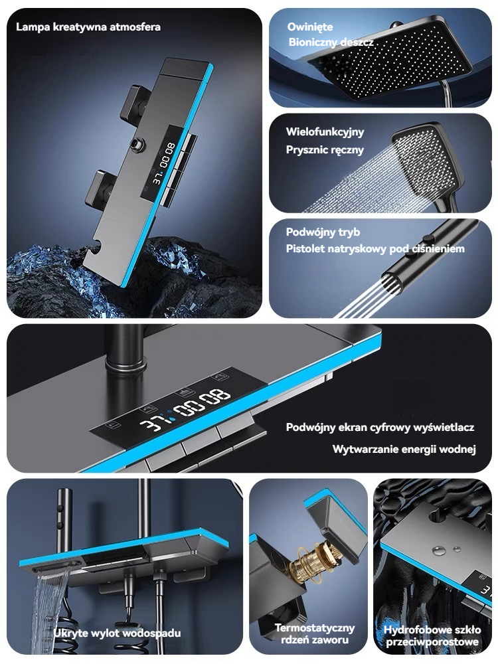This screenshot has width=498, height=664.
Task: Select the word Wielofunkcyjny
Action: point(325,132)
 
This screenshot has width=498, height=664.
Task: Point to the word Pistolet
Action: point(304,248)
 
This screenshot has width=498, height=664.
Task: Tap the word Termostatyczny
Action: point(314,627)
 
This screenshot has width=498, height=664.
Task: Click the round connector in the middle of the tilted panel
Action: point(137,145)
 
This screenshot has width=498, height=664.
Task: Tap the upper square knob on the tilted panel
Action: point(134,102)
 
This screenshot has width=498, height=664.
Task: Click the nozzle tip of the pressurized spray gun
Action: point(392,282)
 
